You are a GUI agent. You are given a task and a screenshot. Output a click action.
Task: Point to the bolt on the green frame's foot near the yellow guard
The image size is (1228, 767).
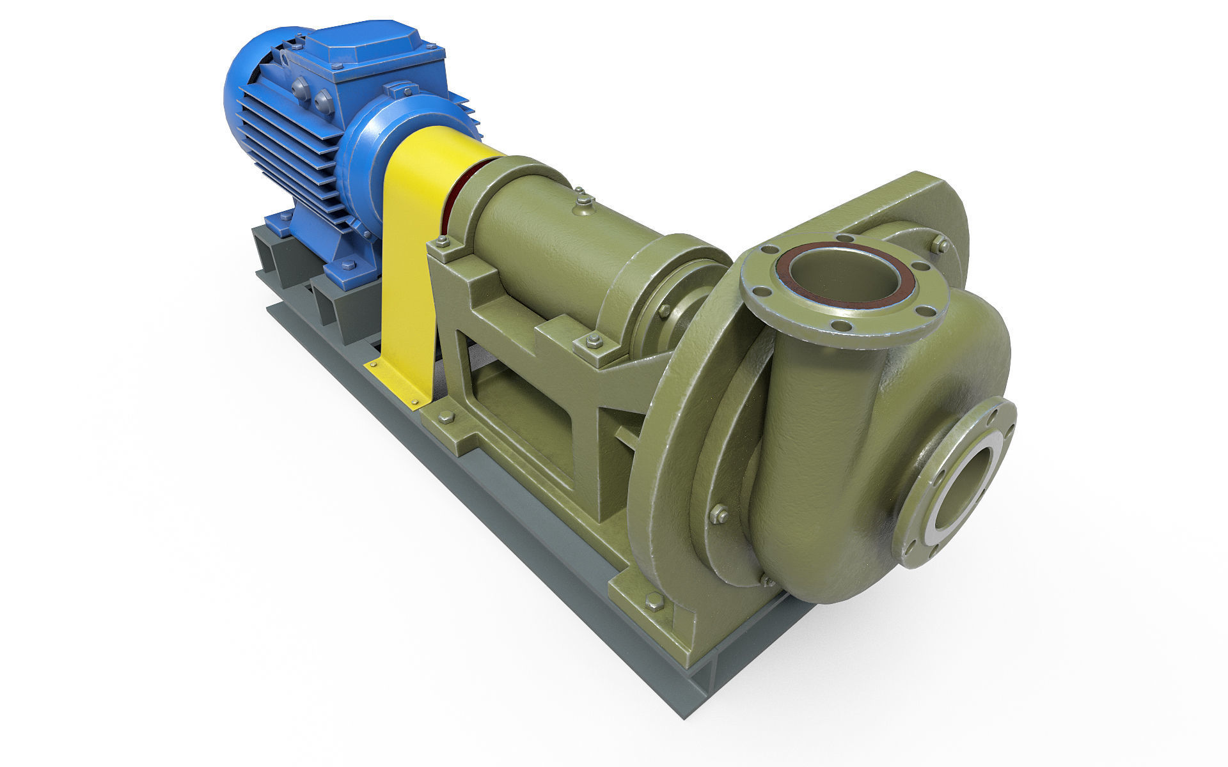[446, 417]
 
